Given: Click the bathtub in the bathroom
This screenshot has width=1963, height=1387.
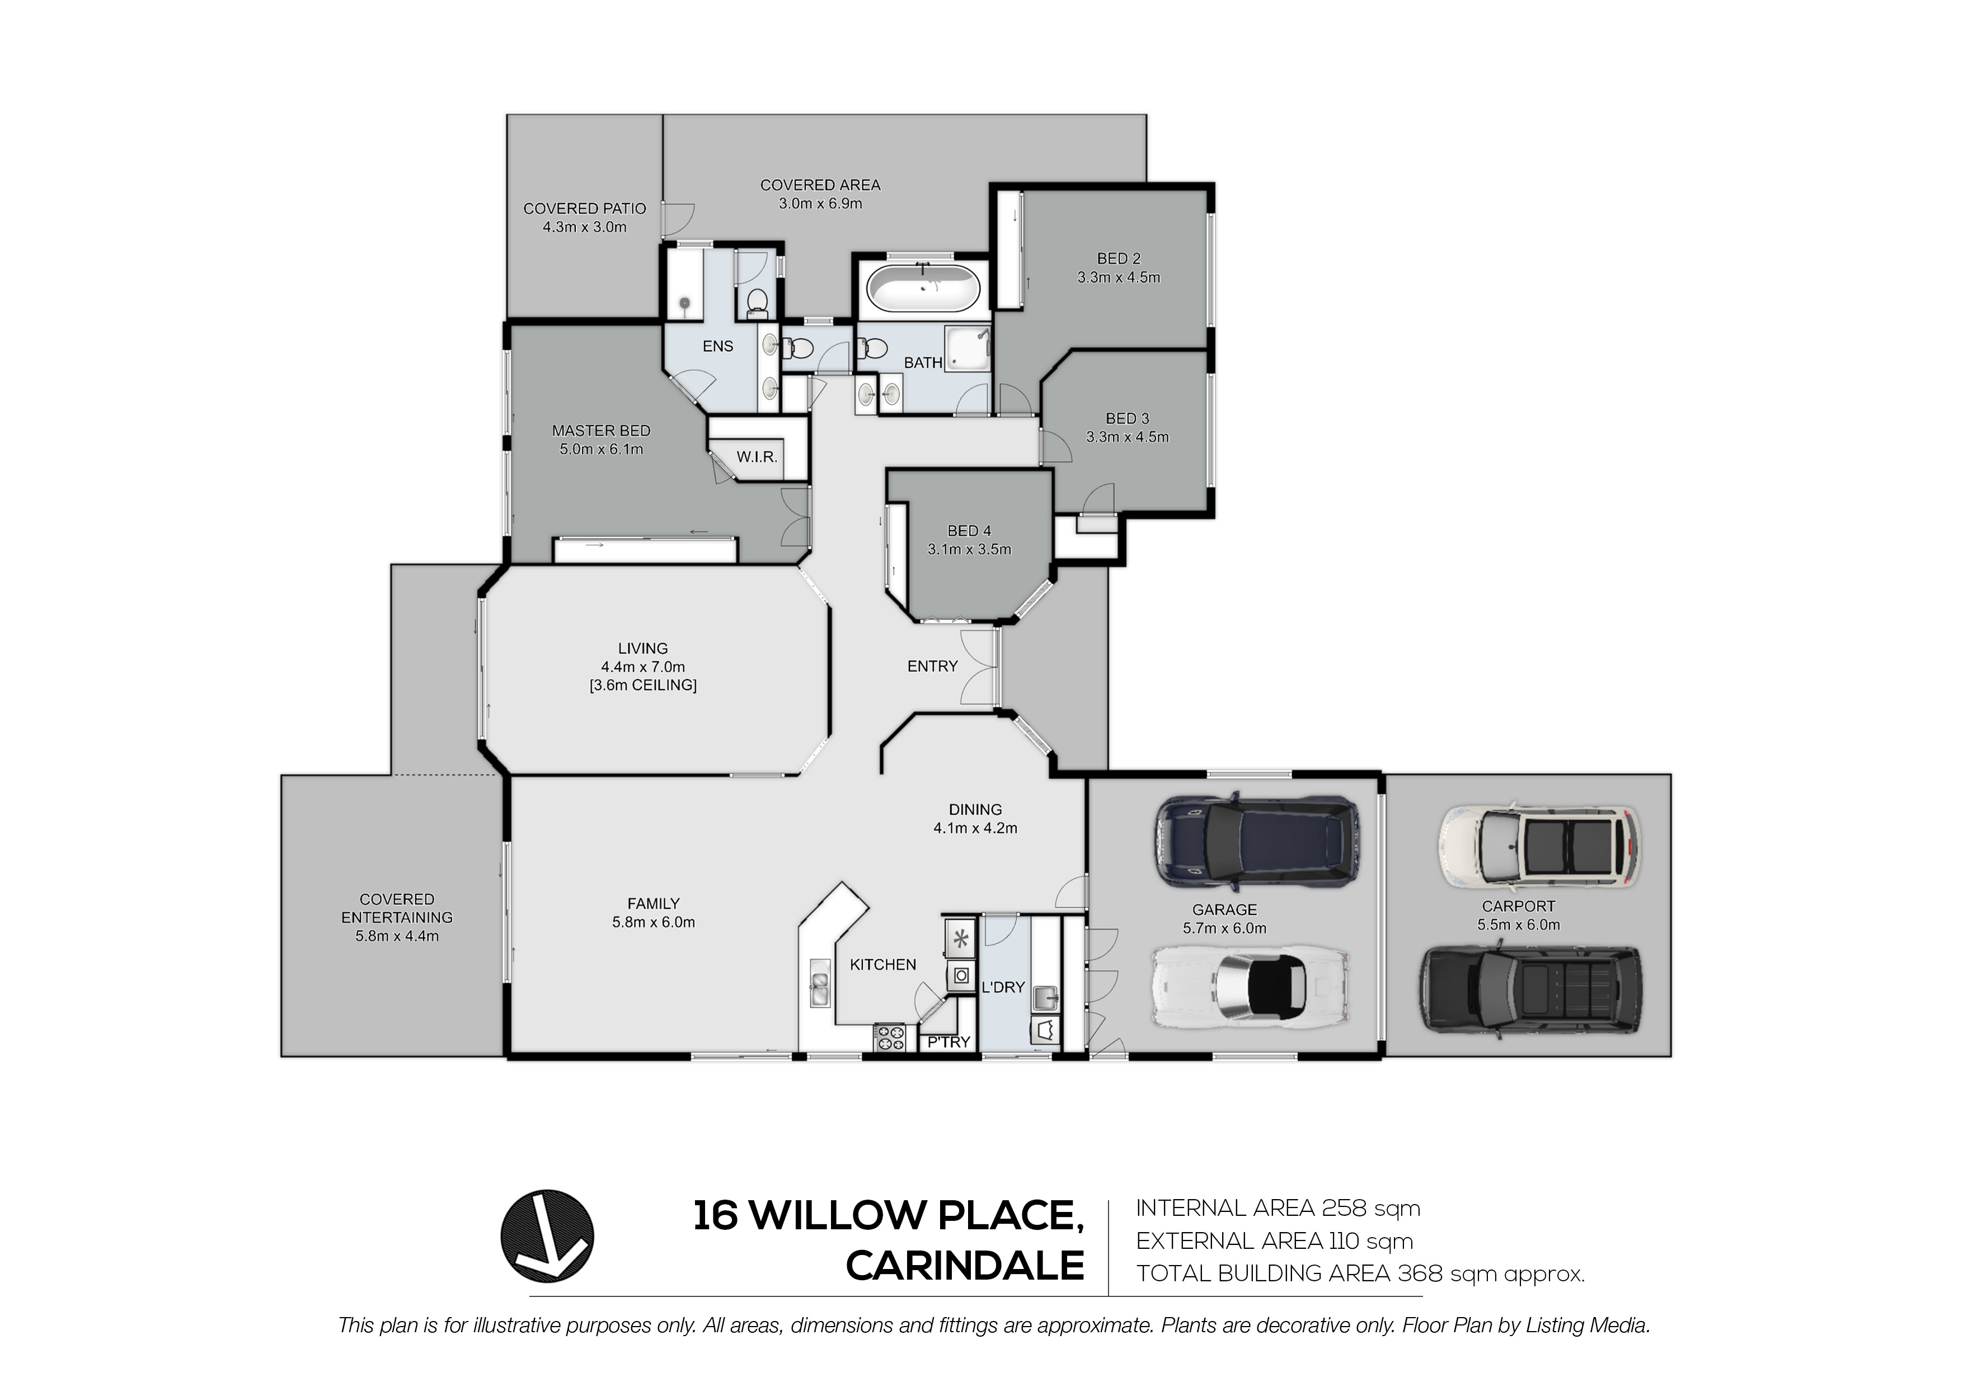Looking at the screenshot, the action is click(x=923, y=286).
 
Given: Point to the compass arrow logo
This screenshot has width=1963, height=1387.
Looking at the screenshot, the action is click(x=547, y=1236).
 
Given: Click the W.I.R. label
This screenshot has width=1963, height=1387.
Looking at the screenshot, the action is click(x=757, y=457).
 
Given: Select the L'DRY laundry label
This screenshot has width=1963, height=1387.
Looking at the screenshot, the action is click(x=1003, y=987).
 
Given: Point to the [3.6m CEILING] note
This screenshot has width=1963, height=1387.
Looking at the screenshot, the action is click(x=643, y=685).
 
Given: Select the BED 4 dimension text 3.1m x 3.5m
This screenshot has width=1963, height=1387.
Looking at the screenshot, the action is click(x=970, y=550).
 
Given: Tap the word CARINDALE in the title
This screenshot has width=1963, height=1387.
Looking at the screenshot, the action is click(x=965, y=1266).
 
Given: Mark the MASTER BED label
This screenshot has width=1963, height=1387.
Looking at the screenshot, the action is click(x=601, y=431).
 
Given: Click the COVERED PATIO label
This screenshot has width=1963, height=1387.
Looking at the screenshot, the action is click(x=585, y=209).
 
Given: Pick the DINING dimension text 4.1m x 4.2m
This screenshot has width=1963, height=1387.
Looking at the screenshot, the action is click(x=975, y=828).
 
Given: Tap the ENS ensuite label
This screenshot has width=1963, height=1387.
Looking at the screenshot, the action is click(x=718, y=346).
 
